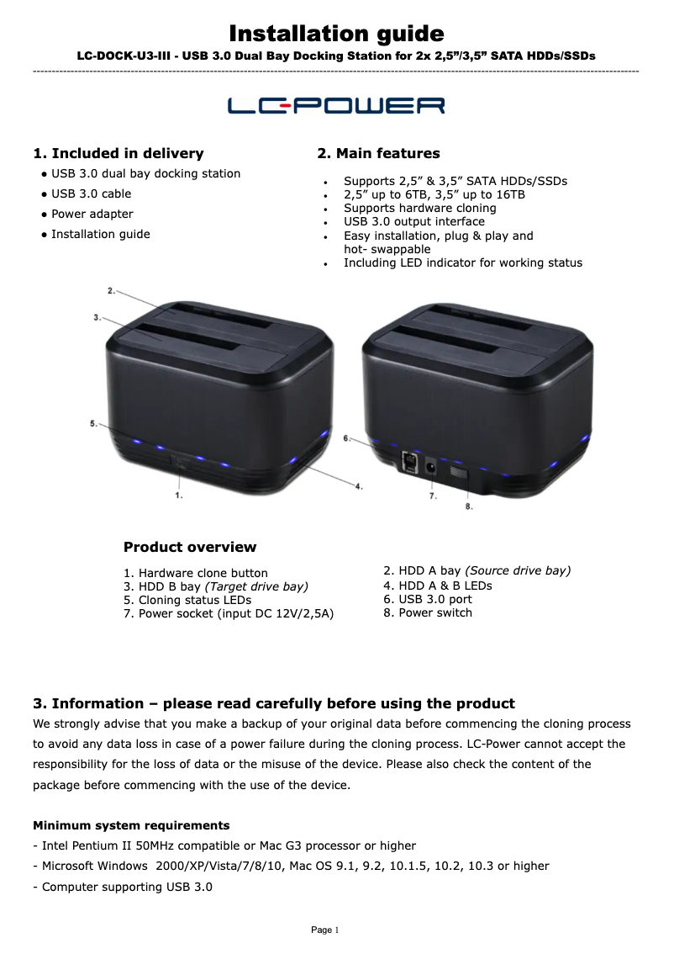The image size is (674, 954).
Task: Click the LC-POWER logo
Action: [x=336, y=106]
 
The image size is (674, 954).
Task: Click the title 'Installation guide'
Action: [x=336, y=34]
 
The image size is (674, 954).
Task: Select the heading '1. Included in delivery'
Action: [x=118, y=153]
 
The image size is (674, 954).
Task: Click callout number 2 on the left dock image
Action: [x=111, y=290]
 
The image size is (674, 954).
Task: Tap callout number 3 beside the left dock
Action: [x=97, y=317]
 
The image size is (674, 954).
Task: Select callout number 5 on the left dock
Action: [x=93, y=423]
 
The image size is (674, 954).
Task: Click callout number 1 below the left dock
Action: [x=178, y=496]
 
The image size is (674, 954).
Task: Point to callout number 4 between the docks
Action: [x=358, y=485]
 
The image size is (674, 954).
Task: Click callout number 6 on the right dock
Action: [x=346, y=438]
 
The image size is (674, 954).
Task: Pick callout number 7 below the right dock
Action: [x=433, y=496]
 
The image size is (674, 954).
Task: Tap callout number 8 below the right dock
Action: [x=468, y=506]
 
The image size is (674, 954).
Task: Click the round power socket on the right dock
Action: [x=431, y=465]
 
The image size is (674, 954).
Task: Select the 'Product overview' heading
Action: [x=190, y=547]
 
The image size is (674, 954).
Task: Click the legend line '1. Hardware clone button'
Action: [x=196, y=573]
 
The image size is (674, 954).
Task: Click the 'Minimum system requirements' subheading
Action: [x=131, y=825]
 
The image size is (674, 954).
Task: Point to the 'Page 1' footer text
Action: [x=324, y=930]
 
